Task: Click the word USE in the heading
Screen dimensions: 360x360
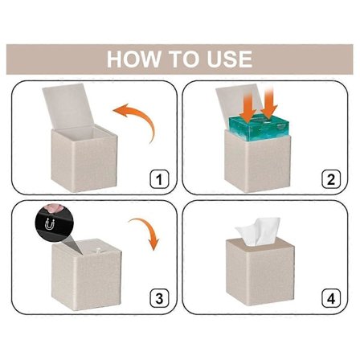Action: tap(230, 59)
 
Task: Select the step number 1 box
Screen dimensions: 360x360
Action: tap(159, 179)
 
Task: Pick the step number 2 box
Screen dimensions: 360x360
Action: tap(331, 179)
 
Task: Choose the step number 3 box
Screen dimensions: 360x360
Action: tap(159, 298)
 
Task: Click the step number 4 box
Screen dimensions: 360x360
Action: tap(331, 298)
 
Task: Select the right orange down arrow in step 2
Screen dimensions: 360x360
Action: tap(269, 102)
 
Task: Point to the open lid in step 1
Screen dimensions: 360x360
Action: tap(68, 106)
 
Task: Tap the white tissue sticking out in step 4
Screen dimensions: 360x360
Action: tap(257, 231)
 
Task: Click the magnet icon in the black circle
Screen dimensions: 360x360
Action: tap(50, 224)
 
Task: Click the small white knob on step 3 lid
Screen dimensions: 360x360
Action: tap(97, 252)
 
